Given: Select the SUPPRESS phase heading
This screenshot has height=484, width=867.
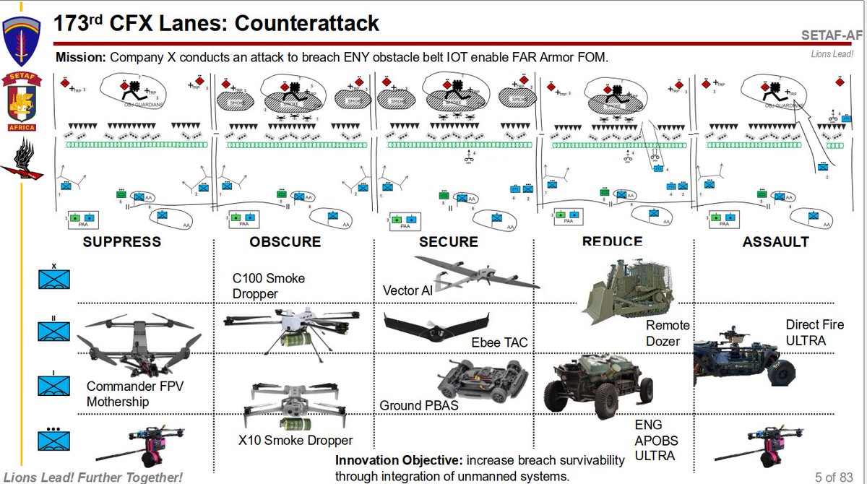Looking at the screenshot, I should (x=121, y=242).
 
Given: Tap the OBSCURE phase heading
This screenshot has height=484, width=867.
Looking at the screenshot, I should (x=285, y=242).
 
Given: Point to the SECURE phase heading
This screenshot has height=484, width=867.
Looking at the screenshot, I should (x=448, y=242).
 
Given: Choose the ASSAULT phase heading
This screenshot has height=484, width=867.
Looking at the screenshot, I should (x=775, y=242).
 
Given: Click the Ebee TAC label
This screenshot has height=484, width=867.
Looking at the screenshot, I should (x=499, y=342).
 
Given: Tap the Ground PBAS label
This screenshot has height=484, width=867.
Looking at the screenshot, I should (x=419, y=405).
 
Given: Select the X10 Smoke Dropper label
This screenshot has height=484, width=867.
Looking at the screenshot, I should (x=296, y=440).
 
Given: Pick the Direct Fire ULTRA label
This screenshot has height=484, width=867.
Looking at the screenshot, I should (x=814, y=332).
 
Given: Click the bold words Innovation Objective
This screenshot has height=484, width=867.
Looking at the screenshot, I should (x=399, y=460).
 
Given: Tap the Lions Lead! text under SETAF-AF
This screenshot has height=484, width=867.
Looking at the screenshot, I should (x=832, y=53).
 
